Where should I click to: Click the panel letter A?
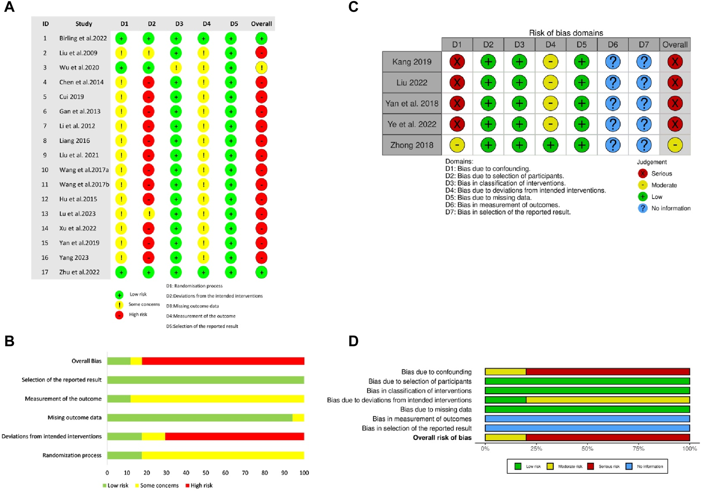[9, 7]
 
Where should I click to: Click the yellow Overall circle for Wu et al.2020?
[261, 68]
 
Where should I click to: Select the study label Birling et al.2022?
[83, 38]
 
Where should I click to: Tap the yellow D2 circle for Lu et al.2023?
[149, 214]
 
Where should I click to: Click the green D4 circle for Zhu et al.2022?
[203, 272]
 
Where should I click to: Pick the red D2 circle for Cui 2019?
[149, 97]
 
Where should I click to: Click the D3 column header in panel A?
[179, 24]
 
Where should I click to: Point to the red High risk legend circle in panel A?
[119, 315]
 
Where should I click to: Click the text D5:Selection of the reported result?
[202, 326]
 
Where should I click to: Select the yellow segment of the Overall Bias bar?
[136, 361]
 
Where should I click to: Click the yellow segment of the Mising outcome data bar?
[298, 418]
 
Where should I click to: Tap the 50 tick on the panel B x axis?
[206, 473]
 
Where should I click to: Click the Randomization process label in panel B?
[72, 455]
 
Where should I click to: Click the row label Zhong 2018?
[412, 145]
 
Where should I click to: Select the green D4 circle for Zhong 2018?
[550, 145]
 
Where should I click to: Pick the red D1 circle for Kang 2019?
[457, 62]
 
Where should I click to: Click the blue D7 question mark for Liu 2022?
[644, 82]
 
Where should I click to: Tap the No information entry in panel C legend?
[670, 208]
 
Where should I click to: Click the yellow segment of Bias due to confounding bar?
[506, 372]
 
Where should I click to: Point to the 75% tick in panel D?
[638, 449]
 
